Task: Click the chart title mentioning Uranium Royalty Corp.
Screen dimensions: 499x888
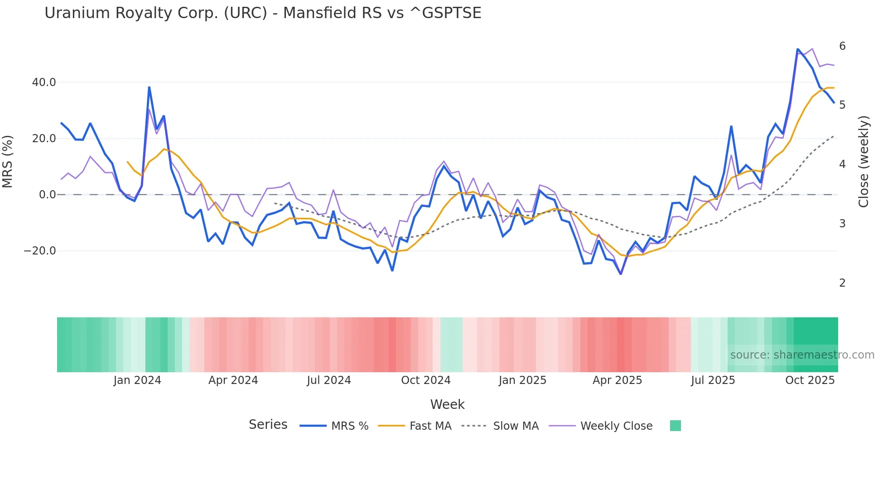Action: pyautogui.click(x=263, y=13)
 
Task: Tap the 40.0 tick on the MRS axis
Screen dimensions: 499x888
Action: pyautogui.click(x=44, y=82)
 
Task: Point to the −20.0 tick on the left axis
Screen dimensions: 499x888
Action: pyautogui.click(x=40, y=251)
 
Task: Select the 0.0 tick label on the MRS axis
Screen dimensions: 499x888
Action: pyautogui.click(x=47, y=195)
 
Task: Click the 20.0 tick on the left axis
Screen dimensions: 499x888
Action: pyautogui.click(x=44, y=139)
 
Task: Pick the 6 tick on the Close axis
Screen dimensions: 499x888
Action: pyautogui.click(x=842, y=46)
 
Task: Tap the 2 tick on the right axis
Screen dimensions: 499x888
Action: pyautogui.click(x=842, y=283)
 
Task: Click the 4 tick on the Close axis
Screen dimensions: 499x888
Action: pyautogui.click(x=842, y=164)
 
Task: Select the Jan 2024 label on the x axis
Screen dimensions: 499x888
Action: pyautogui.click(x=137, y=380)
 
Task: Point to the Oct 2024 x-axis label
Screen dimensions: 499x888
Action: pyautogui.click(x=426, y=380)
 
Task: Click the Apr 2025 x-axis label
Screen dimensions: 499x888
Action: pyautogui.click(x=617, y=380)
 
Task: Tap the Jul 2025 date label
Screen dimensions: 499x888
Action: pyautogui.click(x=713, y=380)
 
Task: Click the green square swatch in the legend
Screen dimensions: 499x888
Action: pyautogui.click(x=675, y=426)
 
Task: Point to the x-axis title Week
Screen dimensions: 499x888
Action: pyautogui.click(x=447, y=404)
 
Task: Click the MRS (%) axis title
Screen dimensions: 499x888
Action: pyautogui.click(x=8, y=162)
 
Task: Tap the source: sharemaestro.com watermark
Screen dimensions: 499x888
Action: pyautogui.click(x=802, y=355)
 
